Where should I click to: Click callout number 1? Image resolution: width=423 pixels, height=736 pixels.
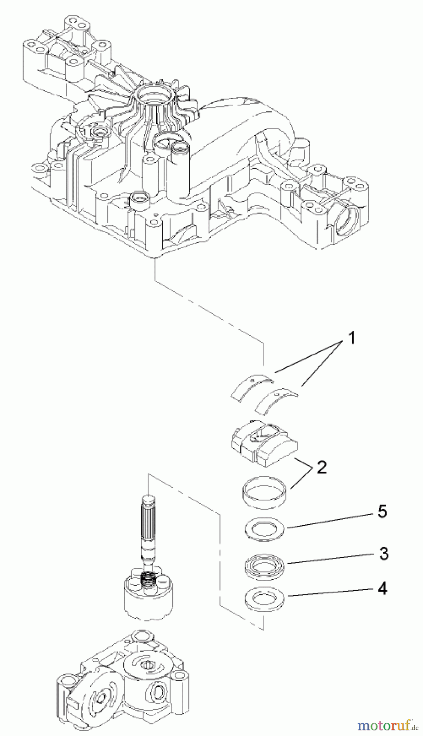[351, 339]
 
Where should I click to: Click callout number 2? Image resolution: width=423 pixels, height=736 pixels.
[322, 467]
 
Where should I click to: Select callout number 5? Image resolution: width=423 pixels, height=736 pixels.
[382, 512]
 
